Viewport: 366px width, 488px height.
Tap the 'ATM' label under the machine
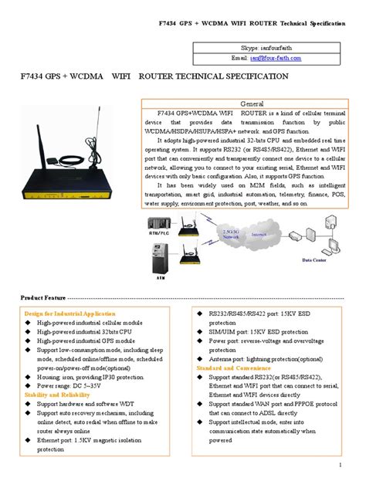coord(162,276)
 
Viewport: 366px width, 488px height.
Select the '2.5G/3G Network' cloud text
coord(229,234)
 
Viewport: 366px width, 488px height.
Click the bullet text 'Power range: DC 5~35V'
coord(74,385)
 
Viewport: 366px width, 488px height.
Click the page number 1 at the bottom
coord(340,466)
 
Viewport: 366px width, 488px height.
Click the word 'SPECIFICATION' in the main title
coord(254,77)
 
